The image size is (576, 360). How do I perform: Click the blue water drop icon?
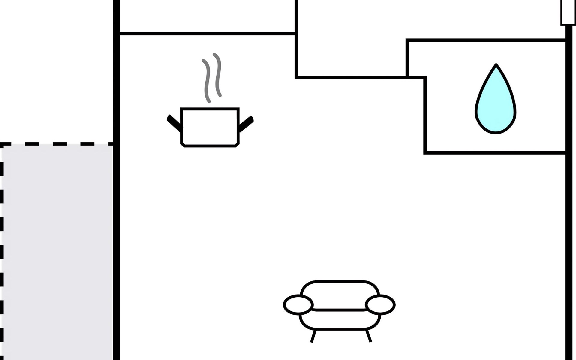(496, 105)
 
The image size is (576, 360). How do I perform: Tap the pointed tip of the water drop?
(496, 65)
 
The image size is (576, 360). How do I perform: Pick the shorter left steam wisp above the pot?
(207, 80)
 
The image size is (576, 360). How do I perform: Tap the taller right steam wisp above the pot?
(218, 75)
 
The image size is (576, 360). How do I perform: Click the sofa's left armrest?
(298, 304)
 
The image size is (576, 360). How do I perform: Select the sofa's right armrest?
(380, 304)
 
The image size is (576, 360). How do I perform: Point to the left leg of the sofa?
(313, 336)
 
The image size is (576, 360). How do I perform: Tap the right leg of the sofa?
(368, 336)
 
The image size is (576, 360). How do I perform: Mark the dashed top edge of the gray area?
(57, 144)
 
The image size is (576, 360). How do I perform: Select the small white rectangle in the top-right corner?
(568, 12)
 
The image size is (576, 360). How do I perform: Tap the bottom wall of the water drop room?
(495, 153)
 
